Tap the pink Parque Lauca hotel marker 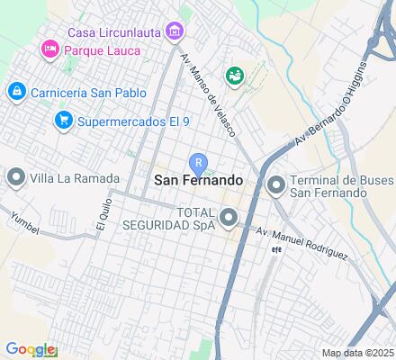pos(49,49)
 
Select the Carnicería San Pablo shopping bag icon pos(16,91)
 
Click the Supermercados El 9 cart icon pos(62,119)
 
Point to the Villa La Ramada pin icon pos(15,178)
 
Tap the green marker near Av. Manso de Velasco pos(236,76)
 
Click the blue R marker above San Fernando pos(198,162)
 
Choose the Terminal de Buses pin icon pos(275,185)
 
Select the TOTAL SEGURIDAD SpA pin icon pos(229,217)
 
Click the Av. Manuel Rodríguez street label pos(301,243)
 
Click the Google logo pos(30,349)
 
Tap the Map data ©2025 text pos(358,353)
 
